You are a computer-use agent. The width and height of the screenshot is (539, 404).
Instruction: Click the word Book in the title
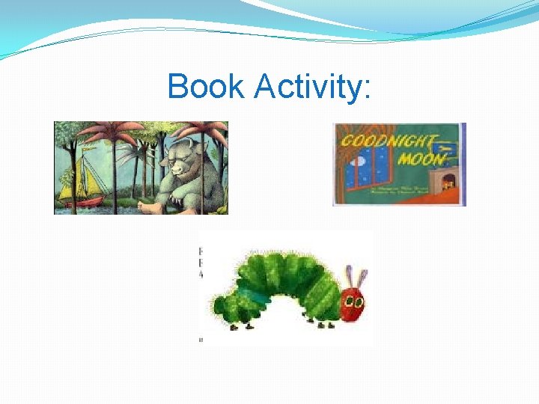206,87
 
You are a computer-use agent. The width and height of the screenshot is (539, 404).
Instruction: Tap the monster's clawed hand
180,196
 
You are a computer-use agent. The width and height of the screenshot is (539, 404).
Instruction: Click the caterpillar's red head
353,302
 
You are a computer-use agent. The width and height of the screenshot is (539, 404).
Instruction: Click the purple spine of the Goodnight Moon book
463,165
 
